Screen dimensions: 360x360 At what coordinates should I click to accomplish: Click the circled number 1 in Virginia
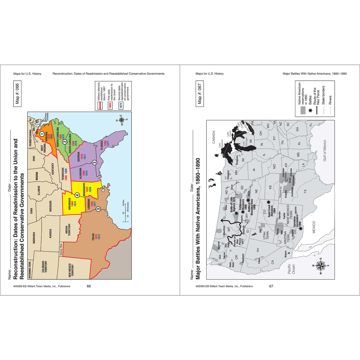coord(42,134)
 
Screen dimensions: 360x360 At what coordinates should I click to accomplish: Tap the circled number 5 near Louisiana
coord(98,209)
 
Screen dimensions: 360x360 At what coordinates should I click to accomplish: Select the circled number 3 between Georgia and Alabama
coord(94,163)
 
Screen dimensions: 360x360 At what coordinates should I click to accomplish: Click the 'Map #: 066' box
coord(17,94)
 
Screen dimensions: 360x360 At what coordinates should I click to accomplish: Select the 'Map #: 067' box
coord(200,94)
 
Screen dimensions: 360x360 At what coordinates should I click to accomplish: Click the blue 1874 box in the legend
coord(121,105)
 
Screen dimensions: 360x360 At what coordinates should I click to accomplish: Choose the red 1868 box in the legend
coord(110,105)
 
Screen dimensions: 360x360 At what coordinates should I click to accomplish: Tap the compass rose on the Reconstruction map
coord(122,120)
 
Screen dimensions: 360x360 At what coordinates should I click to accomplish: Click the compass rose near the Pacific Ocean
coord(321,265)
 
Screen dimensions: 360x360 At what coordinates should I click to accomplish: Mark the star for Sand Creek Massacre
coord(268,202)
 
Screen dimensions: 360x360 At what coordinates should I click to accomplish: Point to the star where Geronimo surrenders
coord(301,229)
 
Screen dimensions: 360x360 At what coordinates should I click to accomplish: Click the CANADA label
coord(213,137)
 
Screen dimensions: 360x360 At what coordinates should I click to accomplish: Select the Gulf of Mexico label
coord(325,150)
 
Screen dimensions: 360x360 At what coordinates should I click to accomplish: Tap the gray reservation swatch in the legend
coord(303,110)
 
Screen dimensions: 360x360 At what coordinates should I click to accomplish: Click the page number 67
coord(271,286)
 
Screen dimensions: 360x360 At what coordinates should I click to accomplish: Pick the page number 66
coord(89,286)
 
